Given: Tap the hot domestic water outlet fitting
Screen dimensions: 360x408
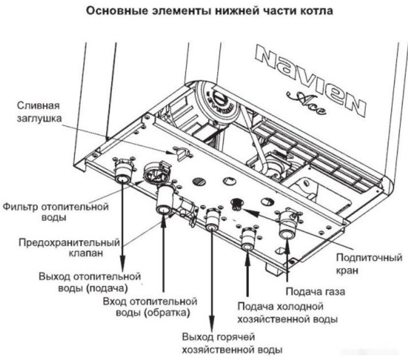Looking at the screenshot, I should pos(212,220).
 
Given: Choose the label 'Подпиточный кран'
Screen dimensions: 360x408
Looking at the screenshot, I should pos(369,264).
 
